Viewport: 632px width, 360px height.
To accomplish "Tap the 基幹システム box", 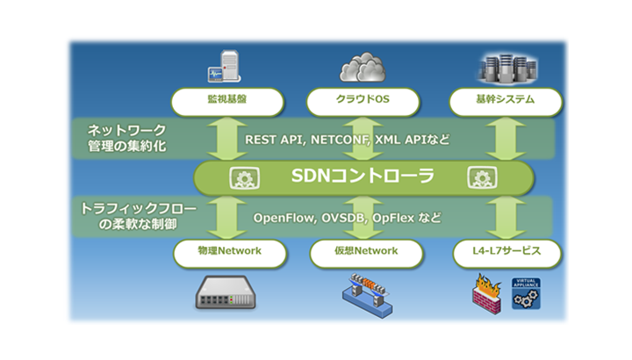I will (504, 101).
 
